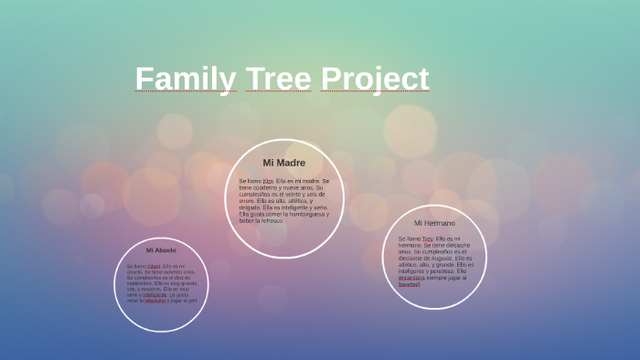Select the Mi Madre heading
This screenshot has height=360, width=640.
pyautogui.click(x=284, y=163)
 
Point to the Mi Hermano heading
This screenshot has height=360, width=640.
pyautogui.click(x=434, y=223)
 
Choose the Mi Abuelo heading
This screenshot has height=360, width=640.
pyautogui.click(x=161, y=249)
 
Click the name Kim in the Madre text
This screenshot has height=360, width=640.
pyautogui.click(x=268, y=181)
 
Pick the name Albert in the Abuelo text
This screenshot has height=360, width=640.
pyautogui.click(x=154, y=266)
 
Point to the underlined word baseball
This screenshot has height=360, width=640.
pyautogui.click(x=409, y=284)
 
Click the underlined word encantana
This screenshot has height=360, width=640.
pyautogui.click(x=411, y=278)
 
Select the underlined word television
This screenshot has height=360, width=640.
pyautogui.click(x=155, y=300)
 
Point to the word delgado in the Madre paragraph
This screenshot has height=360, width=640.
pyautogui.click(x=250, y=207)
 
